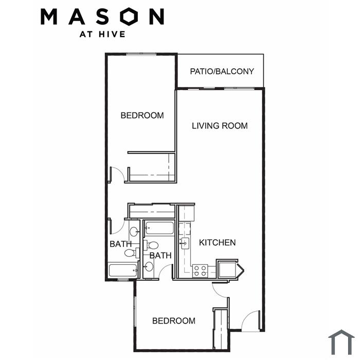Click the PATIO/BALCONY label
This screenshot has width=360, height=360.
[222, 71]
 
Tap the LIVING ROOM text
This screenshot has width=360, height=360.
[220, 126]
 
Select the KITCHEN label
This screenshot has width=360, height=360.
[217, 243]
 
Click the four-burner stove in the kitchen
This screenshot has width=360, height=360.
[200, 271]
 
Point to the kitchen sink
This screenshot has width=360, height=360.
[184, 243]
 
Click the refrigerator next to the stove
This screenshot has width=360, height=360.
[227, 269]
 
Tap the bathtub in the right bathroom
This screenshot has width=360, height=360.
[159, 228]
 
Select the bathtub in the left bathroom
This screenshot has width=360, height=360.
[123, 271]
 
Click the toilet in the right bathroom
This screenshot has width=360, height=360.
[151, 245]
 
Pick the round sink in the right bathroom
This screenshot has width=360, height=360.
[149, 266]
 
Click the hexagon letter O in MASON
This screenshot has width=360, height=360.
[130, 16]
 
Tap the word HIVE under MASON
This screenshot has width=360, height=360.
[112, 34]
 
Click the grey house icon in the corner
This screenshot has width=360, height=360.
[341, 342]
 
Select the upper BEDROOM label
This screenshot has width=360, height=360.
[142, 115]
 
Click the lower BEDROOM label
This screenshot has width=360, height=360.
[174, 321]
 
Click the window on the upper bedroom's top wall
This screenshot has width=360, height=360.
[141, 54]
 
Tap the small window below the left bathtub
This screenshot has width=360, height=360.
[123, 280]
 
